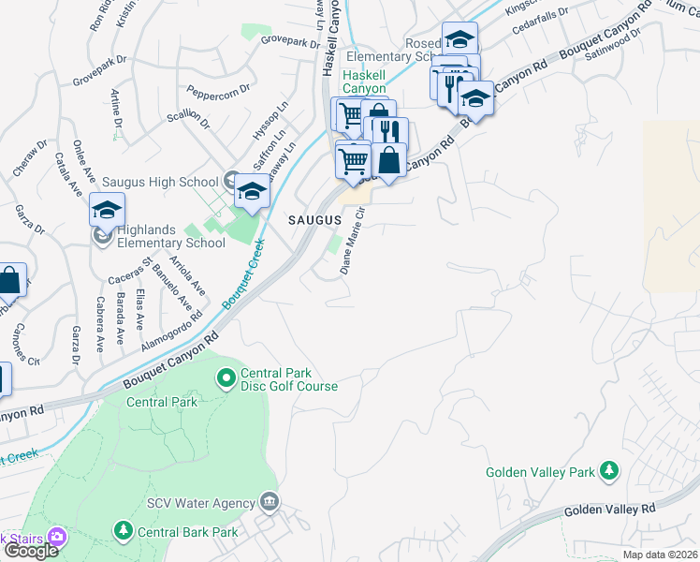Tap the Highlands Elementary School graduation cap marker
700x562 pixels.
coord(107,209)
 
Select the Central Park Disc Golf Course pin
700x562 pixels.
coord(226,378)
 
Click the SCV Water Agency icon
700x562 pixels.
coord(270,502)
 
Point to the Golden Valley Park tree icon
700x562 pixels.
coord(609,469)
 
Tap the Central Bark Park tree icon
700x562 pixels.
coord(123,532)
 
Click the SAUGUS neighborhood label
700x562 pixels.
coord(314,218)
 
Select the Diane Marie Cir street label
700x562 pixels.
coord(353,242)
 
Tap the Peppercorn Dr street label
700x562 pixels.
coord(218,92)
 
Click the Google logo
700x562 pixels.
coord(30,551)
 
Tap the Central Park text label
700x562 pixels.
coord(162,402)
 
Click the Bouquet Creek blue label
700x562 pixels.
coord(241,275)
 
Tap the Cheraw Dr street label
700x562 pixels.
coord(29,160)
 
